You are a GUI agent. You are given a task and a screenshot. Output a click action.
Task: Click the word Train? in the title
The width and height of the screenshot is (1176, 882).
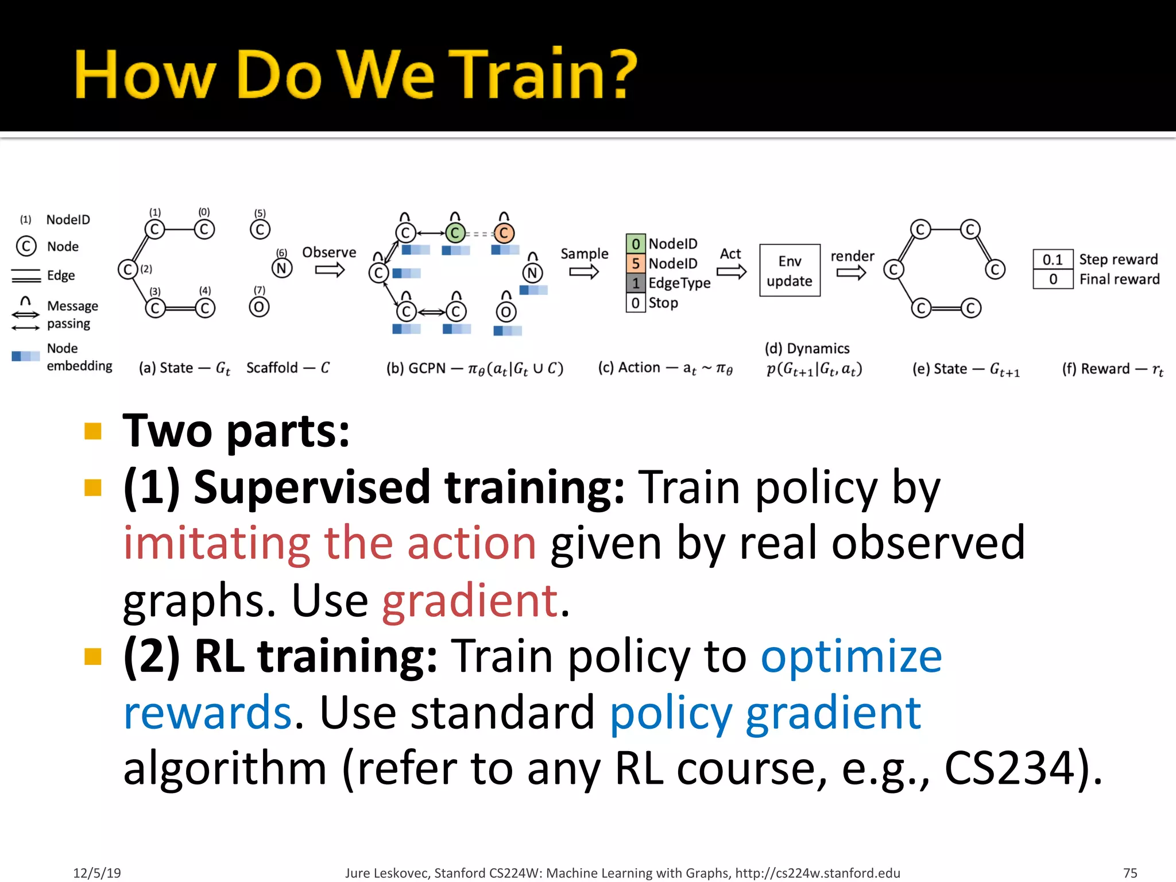click(546, 75)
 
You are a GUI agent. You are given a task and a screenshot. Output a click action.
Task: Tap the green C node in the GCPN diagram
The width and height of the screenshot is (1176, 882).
click(455, 233)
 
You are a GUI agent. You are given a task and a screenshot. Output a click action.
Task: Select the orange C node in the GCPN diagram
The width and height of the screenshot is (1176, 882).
click(504, 233)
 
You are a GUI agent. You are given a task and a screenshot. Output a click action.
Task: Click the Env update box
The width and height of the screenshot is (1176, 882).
click(790, 270)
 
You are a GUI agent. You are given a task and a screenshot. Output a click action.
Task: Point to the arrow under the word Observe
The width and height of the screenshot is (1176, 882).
click(330, 270)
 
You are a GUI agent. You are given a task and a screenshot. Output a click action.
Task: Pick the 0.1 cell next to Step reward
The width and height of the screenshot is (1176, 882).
click(1053, 260)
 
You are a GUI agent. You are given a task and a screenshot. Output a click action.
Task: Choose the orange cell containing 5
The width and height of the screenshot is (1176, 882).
click(635, 264)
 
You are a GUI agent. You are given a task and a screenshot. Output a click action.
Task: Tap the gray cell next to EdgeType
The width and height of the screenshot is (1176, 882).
click(635, 283)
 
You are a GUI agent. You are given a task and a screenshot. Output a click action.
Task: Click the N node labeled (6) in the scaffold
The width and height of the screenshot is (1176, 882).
click(281, 268)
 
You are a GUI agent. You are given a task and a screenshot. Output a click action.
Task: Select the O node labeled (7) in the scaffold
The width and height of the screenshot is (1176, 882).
click(259, 307)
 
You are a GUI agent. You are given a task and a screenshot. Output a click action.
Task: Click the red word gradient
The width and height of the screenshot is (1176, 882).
click(470, 600)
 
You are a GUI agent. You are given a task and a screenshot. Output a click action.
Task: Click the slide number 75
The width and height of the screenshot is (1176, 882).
click(1129, 873)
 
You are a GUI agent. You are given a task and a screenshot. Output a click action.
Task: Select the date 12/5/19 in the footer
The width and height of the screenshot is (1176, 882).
click(96, 873)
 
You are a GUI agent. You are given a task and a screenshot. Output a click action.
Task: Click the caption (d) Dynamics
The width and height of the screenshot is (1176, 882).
click(807, 349)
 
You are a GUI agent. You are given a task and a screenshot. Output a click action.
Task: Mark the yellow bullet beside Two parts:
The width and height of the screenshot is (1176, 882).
click(92, 431)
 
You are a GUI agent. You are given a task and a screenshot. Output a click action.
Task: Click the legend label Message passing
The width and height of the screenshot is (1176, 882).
click(72, 314)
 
